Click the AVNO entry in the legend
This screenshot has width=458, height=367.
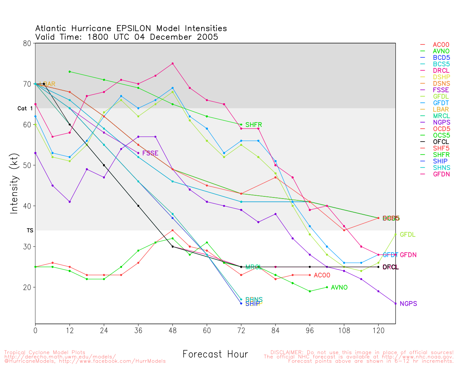pos(441,51)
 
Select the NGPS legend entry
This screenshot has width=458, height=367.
pos(441,122)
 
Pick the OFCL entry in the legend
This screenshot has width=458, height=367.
pos(441,142)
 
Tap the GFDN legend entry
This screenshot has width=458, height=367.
pos(441,174)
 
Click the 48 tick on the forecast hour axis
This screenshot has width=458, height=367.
pos(173,330)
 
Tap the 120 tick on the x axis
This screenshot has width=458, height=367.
pos(379,330)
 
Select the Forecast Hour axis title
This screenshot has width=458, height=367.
pos(215,354)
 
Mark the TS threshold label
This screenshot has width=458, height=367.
pos(30,230)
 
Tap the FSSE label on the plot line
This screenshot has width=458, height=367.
pos(150,153)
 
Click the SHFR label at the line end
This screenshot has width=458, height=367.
pos(254,125)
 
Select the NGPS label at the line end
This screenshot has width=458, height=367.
pos(408,304)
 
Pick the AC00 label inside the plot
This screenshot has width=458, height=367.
pos(322,275)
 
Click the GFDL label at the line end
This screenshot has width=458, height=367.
pos(408,235)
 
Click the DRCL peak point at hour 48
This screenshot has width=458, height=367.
pos(173,63)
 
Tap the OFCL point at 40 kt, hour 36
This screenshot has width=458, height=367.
pos(138,206)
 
